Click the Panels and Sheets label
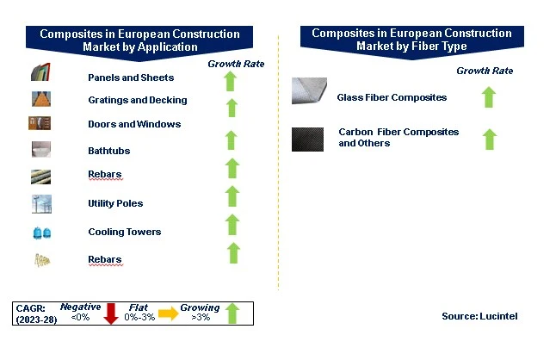(x=131, y=78)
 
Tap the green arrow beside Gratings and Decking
(x=232, y=108)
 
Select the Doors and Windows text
(x=134, y=124)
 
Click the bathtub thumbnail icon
(x=41, y=149)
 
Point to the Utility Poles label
(x=115, y=203)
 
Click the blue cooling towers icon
(x=42, y=233)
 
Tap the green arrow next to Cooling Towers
(x=232, y=225)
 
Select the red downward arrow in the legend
(x=111, y=313)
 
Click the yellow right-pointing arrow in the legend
(x=169, y=313)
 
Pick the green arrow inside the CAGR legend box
(x=232, y=313)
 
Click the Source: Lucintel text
(x=479, y=316)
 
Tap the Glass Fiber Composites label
(x=392, y=97)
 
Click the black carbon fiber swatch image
(x=307, y=140)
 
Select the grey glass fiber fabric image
(x=309, y=90)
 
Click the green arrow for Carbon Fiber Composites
(x=490, y=139)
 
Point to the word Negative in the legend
(x=81, y=307)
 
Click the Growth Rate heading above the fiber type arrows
(x=485, y=71)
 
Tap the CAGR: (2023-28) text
(x=36, y=313)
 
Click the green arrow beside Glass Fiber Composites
(x=489, y=96)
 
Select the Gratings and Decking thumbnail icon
(x=41, y=99)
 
